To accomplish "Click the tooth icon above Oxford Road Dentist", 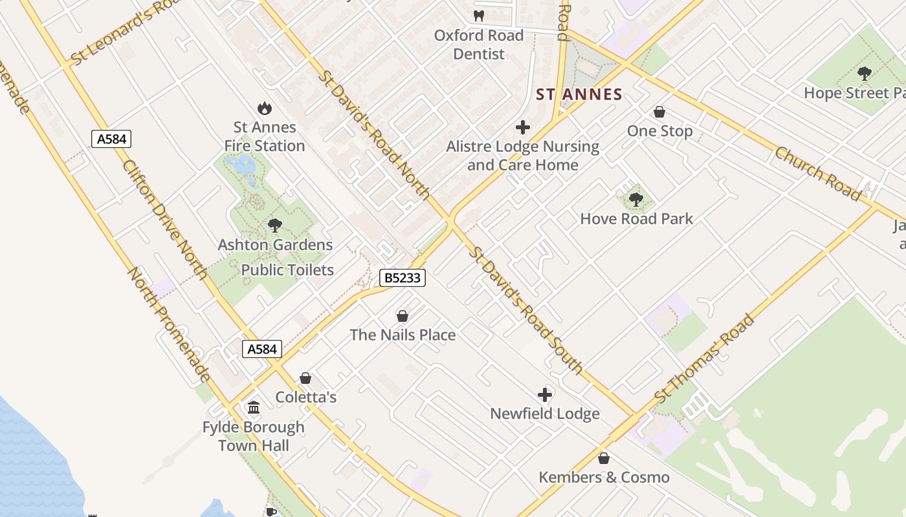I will (x=479, y=16).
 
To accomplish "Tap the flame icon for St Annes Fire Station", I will (x=265, y=108).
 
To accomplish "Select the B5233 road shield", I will (x=402, y=278).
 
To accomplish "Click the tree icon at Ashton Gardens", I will (x=275, y=226).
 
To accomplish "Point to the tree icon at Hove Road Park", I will (x=636, y=200).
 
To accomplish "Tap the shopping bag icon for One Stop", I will (x=659, y=112).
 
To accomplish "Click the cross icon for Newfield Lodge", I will (x=545, y=394).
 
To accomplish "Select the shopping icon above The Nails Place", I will (x=403, y=316).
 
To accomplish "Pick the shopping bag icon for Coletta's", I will (x=305, y=378).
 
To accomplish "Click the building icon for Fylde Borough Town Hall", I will (x=254, y=408).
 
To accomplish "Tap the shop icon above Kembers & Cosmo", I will (x=604, y=458).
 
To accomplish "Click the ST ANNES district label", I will (x=579, y=95).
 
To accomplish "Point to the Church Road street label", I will (x=819, y=173).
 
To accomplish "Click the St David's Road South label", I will (x=526, y=309).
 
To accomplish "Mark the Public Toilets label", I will (x=287, y=270).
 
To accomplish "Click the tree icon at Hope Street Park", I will (x=864, y=74).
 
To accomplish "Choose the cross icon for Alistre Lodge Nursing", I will (x=523, y=127).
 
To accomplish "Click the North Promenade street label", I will (x=169, y=325).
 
